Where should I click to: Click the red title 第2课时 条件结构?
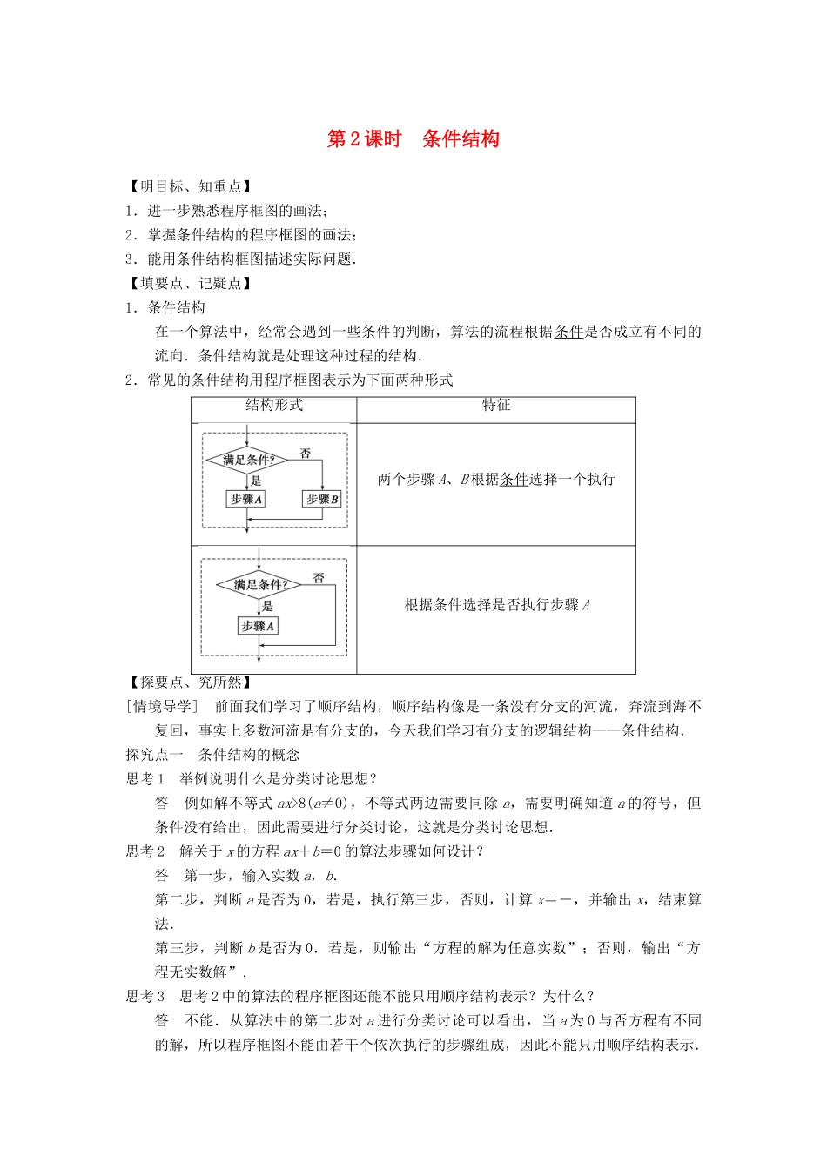pos(413,139)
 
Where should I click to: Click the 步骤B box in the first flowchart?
pos(322,499)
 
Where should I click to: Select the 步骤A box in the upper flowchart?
pos(245,499)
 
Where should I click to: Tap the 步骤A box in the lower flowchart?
pos(258,626)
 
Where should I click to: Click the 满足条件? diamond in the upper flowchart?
pos(247,460)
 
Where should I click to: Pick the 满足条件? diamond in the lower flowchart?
pos(259,585)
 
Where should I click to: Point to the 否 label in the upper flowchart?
pos(306,453)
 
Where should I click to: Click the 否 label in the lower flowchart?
pos(319,577)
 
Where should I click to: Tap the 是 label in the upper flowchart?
pos(256,481)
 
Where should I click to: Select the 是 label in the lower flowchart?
pos(267,606)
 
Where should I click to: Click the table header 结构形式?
pos(273,406)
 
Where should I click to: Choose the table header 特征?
pos(496,406)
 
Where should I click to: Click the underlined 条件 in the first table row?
pos(514,480)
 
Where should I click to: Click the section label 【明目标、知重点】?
pos(191,186)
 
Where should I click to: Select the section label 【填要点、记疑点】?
pos(191,283)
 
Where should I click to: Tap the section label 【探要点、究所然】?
pos(191,682)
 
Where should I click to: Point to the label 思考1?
pos(145,779)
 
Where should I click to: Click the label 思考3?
pos(145,997)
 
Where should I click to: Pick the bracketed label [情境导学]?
pos(163,707)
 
